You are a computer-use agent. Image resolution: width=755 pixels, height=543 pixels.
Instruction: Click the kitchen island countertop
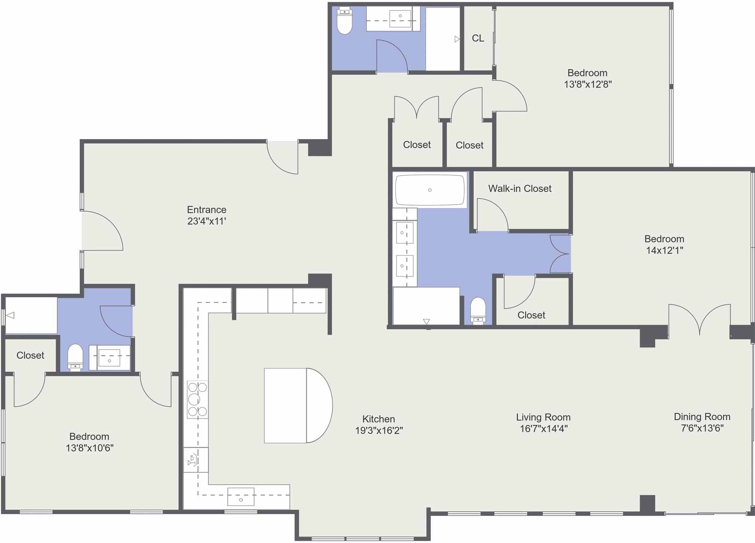298,405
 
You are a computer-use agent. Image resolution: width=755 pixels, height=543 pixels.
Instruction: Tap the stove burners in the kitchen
197,399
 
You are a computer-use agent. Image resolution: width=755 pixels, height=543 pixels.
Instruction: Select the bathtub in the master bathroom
430,190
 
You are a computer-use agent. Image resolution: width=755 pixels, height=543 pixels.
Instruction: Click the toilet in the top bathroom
345,21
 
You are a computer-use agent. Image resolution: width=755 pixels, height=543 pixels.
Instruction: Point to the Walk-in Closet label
520,189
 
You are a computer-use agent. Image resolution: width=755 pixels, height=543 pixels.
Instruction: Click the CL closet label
478,38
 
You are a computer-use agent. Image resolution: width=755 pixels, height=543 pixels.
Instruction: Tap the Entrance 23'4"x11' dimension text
206,221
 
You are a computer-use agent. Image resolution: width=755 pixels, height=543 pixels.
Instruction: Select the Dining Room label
702,416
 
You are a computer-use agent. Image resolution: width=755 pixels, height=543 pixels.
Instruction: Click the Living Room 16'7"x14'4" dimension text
544,429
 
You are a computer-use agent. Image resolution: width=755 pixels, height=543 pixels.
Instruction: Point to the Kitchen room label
378,419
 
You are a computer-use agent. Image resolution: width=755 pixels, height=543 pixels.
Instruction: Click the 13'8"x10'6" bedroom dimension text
90,448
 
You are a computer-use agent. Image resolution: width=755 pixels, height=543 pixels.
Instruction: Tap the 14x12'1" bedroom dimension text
664,251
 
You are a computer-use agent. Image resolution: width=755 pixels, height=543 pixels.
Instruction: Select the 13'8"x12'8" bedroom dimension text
588,84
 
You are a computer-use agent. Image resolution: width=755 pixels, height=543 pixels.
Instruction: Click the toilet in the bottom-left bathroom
75,357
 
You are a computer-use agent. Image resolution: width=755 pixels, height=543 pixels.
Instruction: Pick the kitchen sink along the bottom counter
241,497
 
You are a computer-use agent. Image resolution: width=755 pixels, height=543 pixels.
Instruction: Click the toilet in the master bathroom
478,310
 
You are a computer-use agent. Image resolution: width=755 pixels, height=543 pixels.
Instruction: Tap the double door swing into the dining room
700,320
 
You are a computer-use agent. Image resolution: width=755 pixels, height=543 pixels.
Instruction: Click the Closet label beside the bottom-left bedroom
30,355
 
